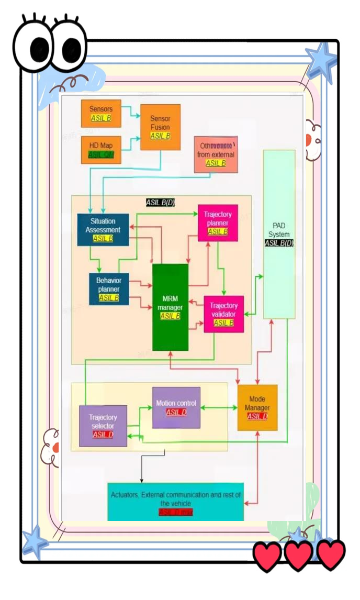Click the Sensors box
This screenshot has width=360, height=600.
click(101, 113)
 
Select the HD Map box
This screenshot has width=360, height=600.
click(101, 149)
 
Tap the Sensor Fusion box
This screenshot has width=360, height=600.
click(160, 127)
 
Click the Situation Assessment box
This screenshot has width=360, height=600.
click(103, 229)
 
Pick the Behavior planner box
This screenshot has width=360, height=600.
click(109, 288)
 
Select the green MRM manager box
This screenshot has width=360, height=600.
click(170, 307)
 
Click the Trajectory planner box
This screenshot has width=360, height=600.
click(218, 223)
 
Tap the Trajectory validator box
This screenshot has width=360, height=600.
click(223, 314)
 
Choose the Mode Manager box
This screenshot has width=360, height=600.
click(257, 407)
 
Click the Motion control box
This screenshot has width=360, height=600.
click(176, 407)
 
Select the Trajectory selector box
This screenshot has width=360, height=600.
click(103, 426)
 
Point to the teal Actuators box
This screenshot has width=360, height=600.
click(176, 501)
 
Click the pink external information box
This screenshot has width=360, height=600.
click(216, 154)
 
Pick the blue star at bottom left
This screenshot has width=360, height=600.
click(35, 541)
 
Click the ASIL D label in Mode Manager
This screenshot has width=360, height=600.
click(257, 416)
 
